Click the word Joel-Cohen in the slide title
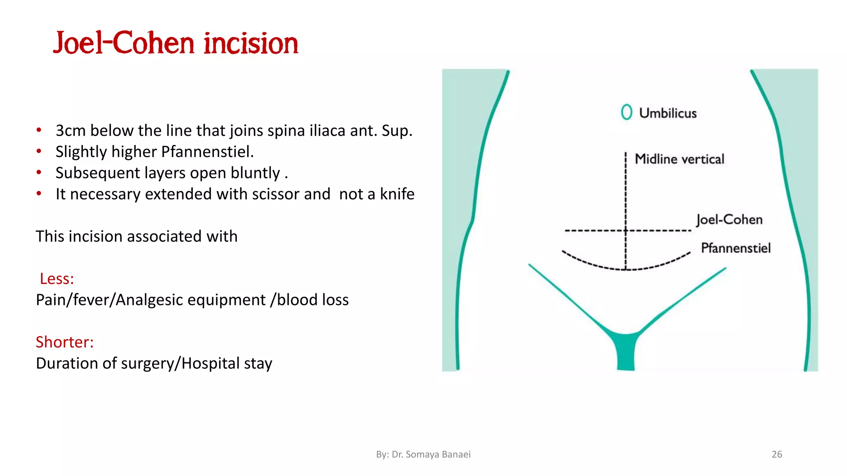click(123, 43)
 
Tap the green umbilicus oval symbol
click(626, 112)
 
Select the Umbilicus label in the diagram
click(668, 113)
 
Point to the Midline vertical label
click(679, 159)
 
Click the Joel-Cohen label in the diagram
click(729, 219)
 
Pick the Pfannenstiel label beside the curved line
click(735, 248)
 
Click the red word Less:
click(57, 279)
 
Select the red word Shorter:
click(65, 342)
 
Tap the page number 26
click(777, 454)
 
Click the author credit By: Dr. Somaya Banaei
click(423, 454)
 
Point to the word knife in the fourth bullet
click(397, 194)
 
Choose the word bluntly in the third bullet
click(255, 173)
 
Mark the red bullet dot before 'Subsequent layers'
click(39, 172)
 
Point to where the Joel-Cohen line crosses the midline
click(625, 231)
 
